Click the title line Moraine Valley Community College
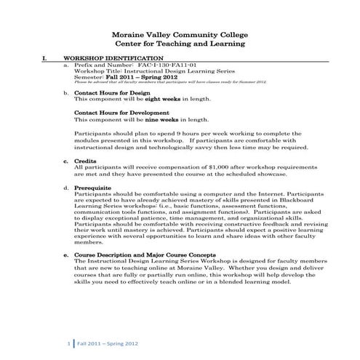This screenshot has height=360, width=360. point(179,33)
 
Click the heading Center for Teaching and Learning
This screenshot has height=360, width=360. point(179,44)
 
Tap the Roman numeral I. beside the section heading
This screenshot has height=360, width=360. point(45,57)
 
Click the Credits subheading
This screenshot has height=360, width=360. point(85,160)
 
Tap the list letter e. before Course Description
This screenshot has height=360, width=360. point(66,256)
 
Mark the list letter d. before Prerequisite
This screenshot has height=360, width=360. point(66,188)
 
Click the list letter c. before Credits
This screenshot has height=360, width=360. point(66,160)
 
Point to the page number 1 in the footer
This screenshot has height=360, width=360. point(68,342)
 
